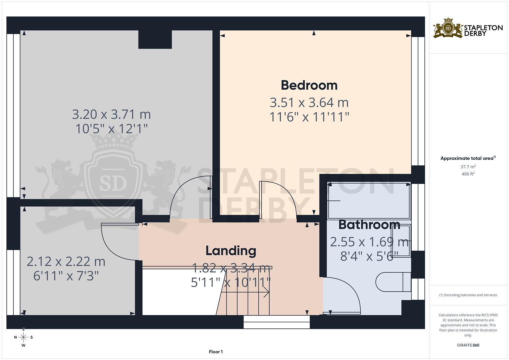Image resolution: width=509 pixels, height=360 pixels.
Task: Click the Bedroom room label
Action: click(x=309, y=85)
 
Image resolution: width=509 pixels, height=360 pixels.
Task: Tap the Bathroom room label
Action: click(x=369, y=225)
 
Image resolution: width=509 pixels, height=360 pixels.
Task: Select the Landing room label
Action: click(x=231, y=251)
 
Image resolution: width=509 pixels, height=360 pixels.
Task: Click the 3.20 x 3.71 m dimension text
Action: click(x=111, y=114)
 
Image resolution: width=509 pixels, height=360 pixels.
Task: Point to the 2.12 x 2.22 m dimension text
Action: click(x=66, y=262)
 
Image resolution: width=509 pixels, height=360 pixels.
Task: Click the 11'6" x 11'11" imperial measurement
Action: click(x=309, y=117)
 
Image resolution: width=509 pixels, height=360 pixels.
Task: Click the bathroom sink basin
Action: click(x=401, y=241)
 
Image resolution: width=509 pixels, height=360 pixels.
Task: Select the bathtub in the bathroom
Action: click(x=369, y=200)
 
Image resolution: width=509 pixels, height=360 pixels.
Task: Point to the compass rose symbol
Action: click(x=23, y=337)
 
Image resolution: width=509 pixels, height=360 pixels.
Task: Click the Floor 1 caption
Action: click(x=216, y=352)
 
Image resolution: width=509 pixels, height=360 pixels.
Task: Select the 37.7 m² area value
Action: click(x=468, y=166)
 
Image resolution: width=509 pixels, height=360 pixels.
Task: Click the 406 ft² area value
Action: click(x=468, y=174)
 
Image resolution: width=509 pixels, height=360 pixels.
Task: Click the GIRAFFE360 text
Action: click(x=468, y=345)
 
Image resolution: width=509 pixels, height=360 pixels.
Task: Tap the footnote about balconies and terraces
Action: click(x=468, y=295)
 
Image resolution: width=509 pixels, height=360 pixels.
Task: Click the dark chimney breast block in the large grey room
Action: click(x=155, y=39)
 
